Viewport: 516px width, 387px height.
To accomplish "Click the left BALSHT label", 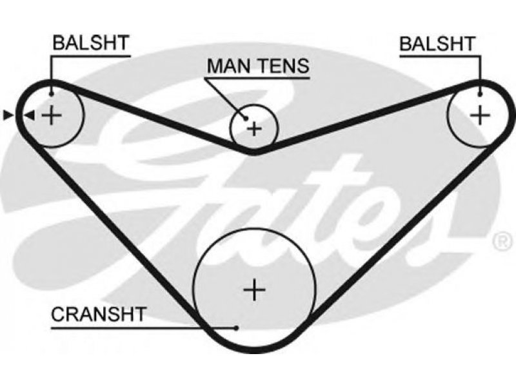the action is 91,43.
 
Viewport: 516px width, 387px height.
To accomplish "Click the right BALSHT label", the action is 438,43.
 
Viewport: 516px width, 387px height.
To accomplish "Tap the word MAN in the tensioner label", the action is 229,66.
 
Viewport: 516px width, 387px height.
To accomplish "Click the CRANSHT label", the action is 99,314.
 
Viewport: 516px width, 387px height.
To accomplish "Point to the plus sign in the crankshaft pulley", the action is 254,290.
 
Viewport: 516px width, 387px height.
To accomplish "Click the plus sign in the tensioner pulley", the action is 254,128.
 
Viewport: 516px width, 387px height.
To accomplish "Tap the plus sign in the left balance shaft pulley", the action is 51,115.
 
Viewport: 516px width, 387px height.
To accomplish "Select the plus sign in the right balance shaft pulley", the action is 480,115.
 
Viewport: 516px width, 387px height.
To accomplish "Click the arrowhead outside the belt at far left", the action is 8,115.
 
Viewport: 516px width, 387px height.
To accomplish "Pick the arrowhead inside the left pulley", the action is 30,115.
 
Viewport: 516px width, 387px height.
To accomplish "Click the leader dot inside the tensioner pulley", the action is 245,118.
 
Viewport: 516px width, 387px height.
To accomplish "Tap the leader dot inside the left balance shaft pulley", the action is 51,94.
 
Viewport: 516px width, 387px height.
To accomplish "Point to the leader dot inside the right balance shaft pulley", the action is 480,94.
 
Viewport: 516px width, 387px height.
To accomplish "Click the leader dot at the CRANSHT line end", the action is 236,328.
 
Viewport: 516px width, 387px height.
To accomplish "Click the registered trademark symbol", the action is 502,242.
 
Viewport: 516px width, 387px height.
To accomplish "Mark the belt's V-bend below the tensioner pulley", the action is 253,152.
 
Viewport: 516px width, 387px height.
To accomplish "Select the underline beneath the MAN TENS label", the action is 257,78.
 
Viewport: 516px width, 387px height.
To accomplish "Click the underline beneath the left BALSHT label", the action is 90,56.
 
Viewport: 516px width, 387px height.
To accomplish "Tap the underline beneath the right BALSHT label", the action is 441,57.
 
